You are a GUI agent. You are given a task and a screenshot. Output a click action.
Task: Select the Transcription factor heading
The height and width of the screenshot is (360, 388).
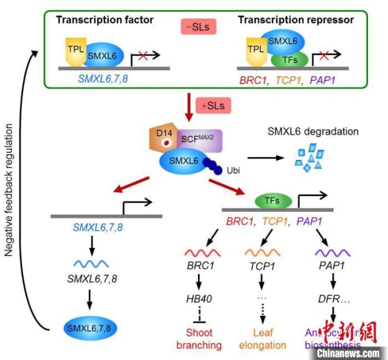[105, 20]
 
